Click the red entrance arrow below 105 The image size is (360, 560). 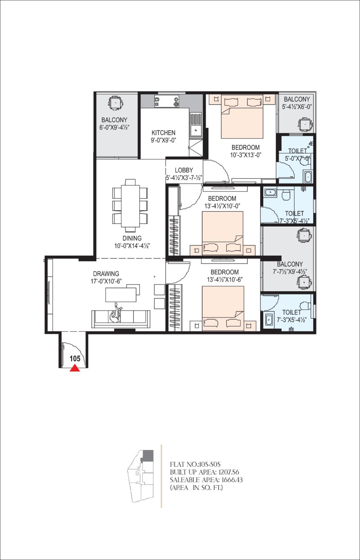pyautogui.click(x=75, y=369)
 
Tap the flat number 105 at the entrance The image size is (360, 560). pyautogui.click(x=75, y=359)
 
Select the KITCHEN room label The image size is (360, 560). pyautogui.click(x=163, y=132)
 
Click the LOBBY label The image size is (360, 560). pyautogui.click(x=184, y=170)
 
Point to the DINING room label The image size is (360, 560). pyautogui.click(x=132, y=238)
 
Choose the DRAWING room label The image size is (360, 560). pyautogui.click(x=106, y=274)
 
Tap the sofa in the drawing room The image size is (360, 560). pyautogui.click(x=121, y=319)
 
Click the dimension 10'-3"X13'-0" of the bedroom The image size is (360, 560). pyautogui.click(x=246, y=155)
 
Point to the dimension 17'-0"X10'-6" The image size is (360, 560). pyautogui.click(x=106, y=281)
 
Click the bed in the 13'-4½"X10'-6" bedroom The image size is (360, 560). pyautogui.click(x=223, y=308)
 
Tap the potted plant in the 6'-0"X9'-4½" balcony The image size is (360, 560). pyautogui.click(x=115, y=103)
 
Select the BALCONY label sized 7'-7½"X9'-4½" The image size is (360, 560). pyautogui.click(x=290, y=264)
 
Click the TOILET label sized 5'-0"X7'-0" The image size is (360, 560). pyautogui.click(x=297, y=151)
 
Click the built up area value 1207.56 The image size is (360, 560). pyautogui.click(x=229, y=472)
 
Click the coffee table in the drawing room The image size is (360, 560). pyautogui.click(x=121, y=295)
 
